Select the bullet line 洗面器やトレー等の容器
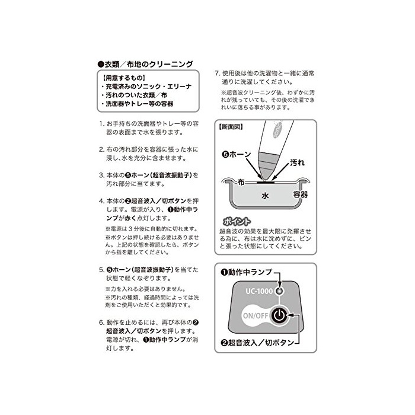138,104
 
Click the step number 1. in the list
102,124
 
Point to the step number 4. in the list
102,201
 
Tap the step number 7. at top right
218,74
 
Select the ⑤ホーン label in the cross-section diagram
237,154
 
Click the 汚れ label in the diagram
297,162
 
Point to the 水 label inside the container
265,196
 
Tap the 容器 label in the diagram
301,194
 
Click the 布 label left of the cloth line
241,182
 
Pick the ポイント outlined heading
237,221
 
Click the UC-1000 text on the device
259,291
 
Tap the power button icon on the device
279,315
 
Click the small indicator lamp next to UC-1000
279,291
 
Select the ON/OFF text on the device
256,315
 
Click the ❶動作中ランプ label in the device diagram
246,272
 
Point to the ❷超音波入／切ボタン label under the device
257,343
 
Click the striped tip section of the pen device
267,161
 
